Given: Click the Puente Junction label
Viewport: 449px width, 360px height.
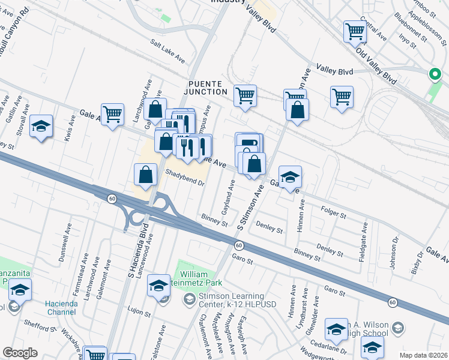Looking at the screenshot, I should [x=208, y=87].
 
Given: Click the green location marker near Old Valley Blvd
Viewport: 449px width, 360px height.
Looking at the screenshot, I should [x=434, y=74].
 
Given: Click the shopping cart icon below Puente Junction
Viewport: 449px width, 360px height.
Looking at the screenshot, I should [x=245, y=95].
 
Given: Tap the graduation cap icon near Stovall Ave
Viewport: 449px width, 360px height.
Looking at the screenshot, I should [x=41, y=126].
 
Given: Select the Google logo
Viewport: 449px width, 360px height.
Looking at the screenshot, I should [x=20, y=353].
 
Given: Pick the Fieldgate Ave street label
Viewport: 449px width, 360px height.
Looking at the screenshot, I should [x=362, y=238].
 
